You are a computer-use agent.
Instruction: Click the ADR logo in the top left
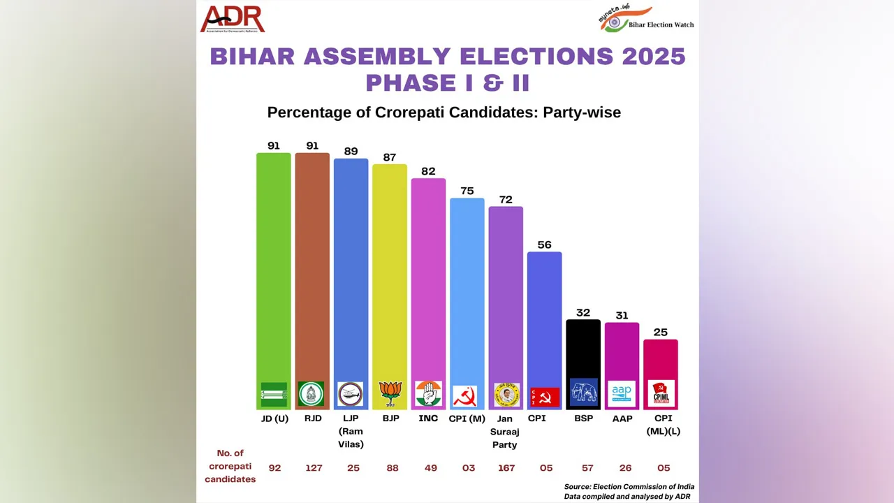tap(233, 20)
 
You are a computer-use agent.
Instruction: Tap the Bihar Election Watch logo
tap(646, 19)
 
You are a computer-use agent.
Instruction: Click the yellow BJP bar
tap(389, 272)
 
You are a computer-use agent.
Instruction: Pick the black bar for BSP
tap(582, 349)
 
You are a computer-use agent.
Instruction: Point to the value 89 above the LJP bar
tap(351, 152)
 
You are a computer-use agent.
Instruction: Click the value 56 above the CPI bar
tap(544, 245)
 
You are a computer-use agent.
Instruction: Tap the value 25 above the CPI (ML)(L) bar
tap(660, 332)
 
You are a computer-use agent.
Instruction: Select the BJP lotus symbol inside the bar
tap(389, 394)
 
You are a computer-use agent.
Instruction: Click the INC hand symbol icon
tap(428, 394)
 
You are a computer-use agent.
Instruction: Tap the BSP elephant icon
tap(582, 393)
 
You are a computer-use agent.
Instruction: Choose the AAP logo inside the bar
tap(622, 393)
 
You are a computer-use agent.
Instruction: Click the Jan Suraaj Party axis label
tap(505, 432)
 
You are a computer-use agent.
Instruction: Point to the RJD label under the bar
tap(312, 418)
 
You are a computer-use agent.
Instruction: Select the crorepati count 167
tap(506, 467)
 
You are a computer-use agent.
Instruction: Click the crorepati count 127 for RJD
tap(314, 467)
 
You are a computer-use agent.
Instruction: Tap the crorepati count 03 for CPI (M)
tap(467, 467)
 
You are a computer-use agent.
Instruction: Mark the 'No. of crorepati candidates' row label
tap(230, 466)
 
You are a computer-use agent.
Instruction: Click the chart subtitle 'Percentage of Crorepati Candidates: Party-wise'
tap(444, 112)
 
